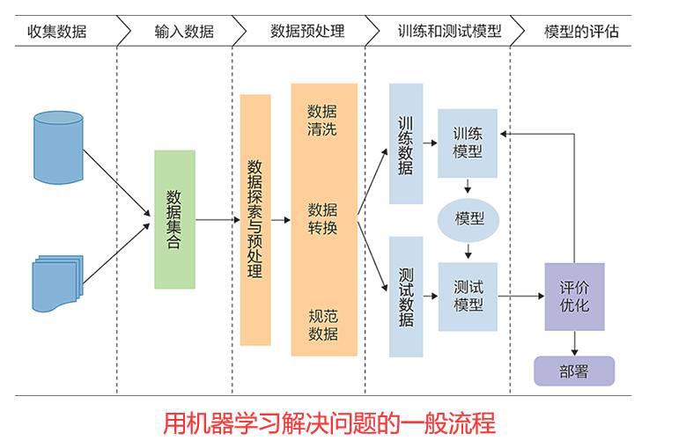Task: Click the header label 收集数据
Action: coord(57,32)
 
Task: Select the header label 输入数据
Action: coord(183,32)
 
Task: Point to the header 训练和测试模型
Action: coord(449,32)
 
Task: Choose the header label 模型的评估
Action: coord(581,32)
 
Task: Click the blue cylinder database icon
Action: coord(58,145)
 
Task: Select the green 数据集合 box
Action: coord(174,219)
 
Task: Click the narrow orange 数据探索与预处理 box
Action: coord(255,219)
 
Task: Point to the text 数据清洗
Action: coord(322,121)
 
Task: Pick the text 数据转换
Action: coord(322,219)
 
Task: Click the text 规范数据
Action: coord(322,325)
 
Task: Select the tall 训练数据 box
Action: coord(406,143)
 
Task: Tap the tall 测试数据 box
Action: coord(406,296)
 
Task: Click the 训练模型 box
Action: coord(468,143)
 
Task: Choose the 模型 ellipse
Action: coord(468,218)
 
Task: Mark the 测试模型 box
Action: coord(468,296)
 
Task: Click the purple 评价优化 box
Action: coord(574,296)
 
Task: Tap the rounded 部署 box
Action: coord(573,371)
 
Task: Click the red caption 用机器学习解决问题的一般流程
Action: coord(329,423)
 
